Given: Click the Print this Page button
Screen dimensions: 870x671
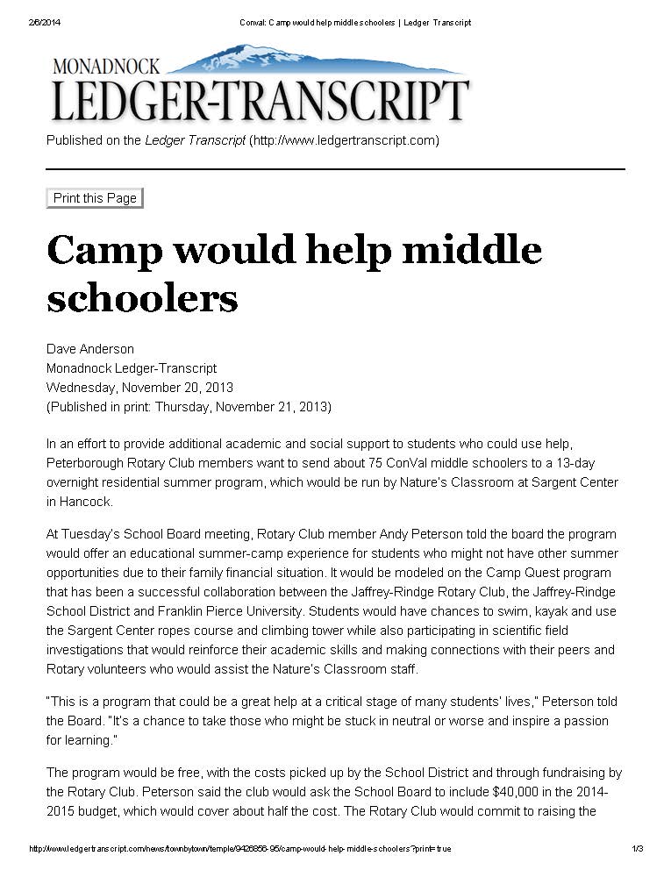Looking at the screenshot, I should pyautogui.click(x=95, y=198).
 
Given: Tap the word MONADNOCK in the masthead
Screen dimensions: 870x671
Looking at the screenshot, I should pyautogui.click(x=106, y=67).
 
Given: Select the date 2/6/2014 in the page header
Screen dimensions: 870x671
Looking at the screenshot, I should pyautogui.click(x=45, y=23).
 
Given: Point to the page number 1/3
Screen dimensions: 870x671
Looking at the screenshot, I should pyautogui.click(x=637, y=849).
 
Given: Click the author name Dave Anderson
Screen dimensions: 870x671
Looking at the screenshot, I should pyautogui.click(x=89, y=349).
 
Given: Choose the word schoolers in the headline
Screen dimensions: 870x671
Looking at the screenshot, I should pyautogui.click(x=142, y=298).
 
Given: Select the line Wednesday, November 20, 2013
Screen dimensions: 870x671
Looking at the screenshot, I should pyautogui.click(x=139, y=388).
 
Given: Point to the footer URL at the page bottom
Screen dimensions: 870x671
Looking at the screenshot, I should pyautogui.click(x=240, y=849).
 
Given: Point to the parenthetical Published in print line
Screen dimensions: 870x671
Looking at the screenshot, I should pyautogui.click(x=189, y=407).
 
